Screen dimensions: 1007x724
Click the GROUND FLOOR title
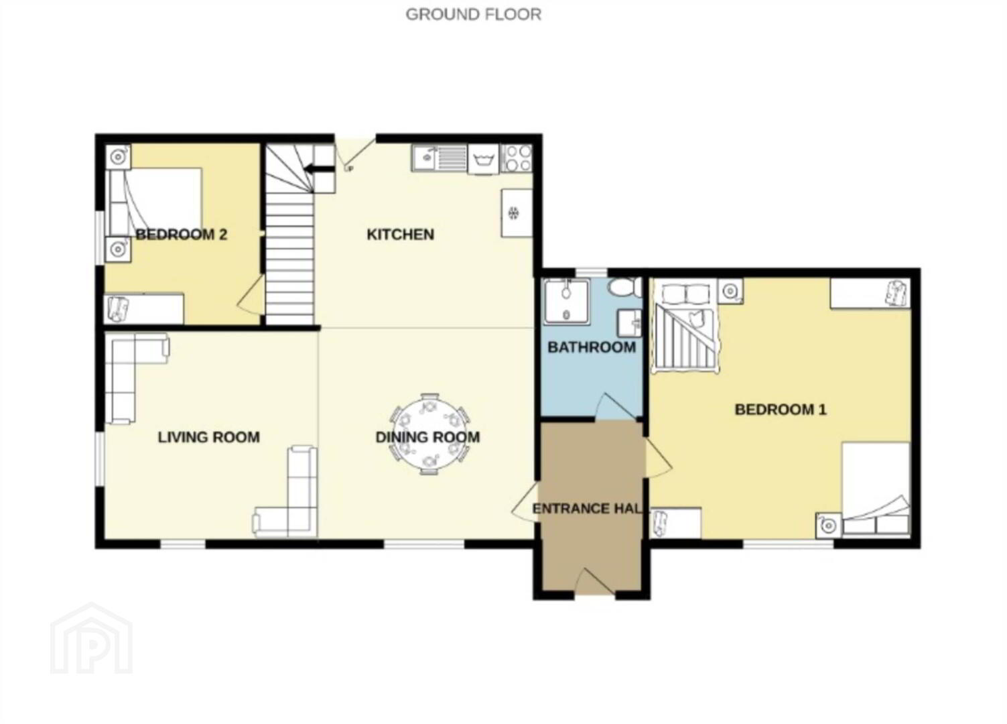point(474,14)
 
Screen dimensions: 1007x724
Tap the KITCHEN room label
point(401,234)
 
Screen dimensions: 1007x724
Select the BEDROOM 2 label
point(182,234)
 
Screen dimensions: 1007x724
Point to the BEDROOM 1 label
point(781,409)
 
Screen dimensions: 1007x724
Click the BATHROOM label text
point(592,347)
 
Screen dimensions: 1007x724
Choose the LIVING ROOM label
point(209,437)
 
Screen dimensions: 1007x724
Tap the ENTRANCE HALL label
point(587,509)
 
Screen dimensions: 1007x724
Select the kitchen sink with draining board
point(440,158)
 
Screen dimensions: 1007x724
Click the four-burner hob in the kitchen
point(517,158)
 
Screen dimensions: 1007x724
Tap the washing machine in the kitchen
point(484,159)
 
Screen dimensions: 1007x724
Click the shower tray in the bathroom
point(566,301)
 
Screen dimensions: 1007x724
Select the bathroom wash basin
point(630,323)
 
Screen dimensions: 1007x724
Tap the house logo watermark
point(91,639)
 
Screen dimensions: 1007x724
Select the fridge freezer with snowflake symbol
point(517,213)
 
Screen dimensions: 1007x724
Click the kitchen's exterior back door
point(355,153)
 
